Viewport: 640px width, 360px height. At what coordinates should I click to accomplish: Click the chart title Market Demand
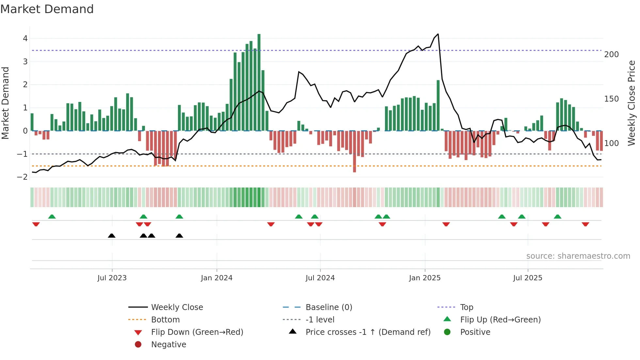[47, 9]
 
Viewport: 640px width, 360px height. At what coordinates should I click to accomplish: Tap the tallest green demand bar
[259, 82]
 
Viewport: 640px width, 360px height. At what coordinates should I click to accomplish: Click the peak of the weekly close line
[438, 34]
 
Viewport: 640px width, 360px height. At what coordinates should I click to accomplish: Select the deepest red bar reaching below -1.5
[355, 152]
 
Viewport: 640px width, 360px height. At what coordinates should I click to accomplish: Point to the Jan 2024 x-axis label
[216, 278]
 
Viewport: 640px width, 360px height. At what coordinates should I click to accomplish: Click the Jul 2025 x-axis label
[527, 278]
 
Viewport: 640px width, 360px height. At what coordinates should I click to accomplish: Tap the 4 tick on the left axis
[25, 39]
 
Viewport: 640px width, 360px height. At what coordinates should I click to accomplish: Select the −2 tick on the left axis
[23, 177]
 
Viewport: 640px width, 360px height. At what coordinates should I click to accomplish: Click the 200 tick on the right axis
[611, 55]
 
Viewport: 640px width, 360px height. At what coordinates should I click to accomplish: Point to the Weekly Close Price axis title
[632, 103]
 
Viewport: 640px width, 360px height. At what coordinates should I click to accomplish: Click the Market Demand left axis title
[5, 103]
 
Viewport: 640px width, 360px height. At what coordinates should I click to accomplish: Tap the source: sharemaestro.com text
[578, 256]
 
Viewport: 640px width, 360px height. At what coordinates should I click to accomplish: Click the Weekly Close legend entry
[177, 307]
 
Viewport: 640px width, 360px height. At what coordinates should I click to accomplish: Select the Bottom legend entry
[165, 320]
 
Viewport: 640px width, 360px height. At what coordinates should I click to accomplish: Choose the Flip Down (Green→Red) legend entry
[197, 332]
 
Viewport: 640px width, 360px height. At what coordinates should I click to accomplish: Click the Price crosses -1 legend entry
[368, 332]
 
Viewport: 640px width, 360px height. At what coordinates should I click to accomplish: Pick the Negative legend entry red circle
[138, 345]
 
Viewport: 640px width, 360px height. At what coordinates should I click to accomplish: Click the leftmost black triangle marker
[112, 236]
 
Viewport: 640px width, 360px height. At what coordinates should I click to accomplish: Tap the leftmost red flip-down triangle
[36, 224]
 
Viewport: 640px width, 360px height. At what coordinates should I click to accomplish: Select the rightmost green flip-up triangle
[557, 217]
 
